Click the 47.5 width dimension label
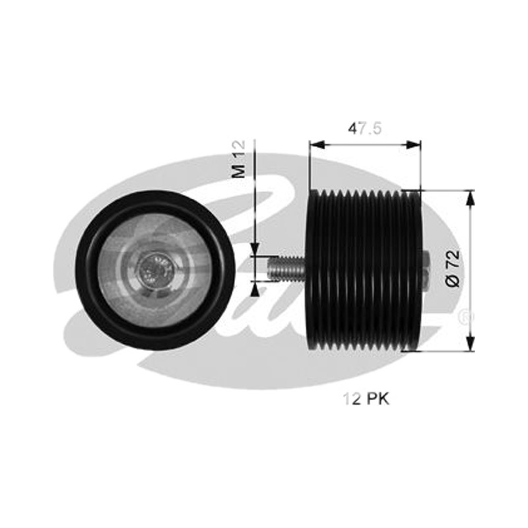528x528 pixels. [365, 129]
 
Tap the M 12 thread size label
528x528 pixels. [240, 159]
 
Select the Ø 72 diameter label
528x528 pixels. [453, 269]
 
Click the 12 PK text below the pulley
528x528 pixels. [366, 399]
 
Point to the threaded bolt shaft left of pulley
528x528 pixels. [286, 268]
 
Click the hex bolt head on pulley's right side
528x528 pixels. [425, 271]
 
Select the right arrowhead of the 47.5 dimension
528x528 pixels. [413, 145]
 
